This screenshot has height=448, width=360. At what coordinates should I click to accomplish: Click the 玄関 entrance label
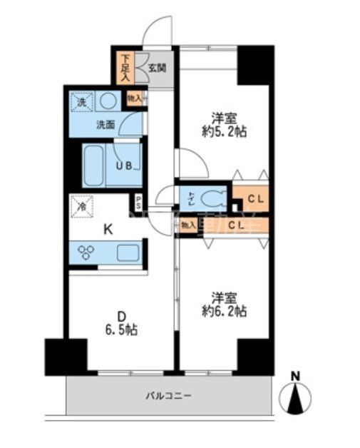(x=158, y=68)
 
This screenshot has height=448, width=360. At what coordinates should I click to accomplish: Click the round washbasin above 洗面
(x=108, y=102)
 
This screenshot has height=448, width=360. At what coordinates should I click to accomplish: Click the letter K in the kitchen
(x=108, y=229)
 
